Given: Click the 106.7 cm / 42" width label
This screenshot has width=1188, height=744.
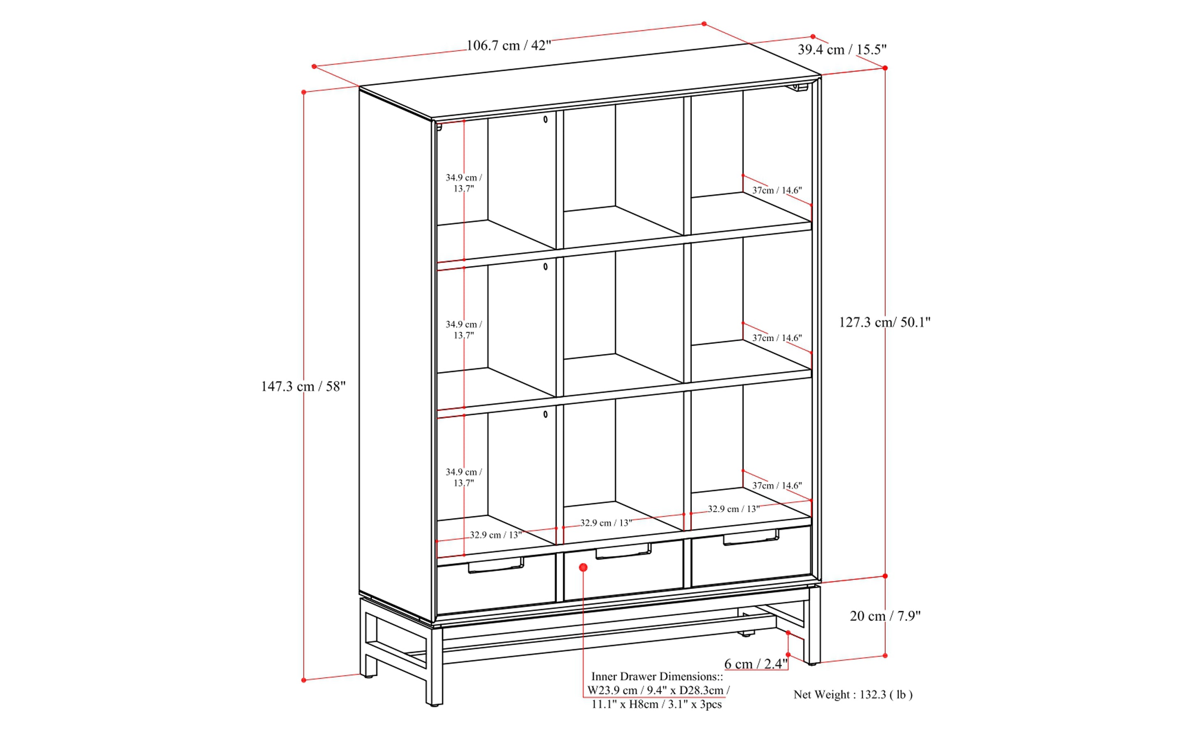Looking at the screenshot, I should coord(508,46).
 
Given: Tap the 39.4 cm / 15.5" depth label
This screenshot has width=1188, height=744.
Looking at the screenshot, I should coord(841,50).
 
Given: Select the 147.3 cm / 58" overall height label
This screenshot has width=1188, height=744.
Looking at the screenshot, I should coord(303,386).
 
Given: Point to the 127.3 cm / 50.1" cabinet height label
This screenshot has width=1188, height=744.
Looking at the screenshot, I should coord(884,322).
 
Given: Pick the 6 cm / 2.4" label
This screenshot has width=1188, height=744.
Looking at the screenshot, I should coord(756,664).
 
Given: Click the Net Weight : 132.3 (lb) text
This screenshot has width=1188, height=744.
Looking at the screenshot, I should coord(853,694).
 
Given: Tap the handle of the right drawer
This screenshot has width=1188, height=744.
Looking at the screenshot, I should coord(751,537).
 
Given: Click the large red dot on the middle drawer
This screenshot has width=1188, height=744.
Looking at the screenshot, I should coord(583,567).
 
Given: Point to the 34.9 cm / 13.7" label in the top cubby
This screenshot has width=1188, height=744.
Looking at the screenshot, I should coord(464,183).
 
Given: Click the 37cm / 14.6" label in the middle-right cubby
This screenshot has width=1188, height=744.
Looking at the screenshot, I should coord(777,338).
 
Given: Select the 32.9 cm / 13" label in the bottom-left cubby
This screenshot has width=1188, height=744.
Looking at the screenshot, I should coord(496,535).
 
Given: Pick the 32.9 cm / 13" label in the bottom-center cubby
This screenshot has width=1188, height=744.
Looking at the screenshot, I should coord(606,522).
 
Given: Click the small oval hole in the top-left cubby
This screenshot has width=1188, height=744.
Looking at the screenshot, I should coord(545,119).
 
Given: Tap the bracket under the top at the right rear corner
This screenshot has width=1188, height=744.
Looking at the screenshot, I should coord(800,88).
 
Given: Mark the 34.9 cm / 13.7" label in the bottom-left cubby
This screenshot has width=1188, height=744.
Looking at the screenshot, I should coord(464,477).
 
